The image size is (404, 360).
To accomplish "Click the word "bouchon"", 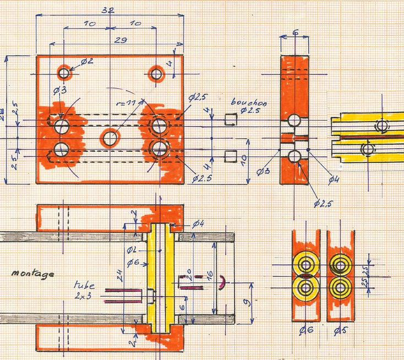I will [x=247, y=102].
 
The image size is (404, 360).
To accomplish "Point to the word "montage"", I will [x=31, y=273].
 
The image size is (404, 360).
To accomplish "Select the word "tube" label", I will [x=84, y=286].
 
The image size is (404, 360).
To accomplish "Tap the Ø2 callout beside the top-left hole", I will [x=87, y=61].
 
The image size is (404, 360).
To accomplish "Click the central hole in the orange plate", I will [x=111, y=137].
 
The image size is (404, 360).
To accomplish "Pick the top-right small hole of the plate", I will [x=157, y=73].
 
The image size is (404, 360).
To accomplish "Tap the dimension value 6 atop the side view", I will [x=295, y=33].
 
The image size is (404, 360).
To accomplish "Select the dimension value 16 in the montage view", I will [x=208, y=275].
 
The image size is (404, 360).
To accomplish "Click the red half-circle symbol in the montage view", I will [x=222, y=282].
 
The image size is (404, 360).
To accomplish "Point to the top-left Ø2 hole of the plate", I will [x=64, y=73].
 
